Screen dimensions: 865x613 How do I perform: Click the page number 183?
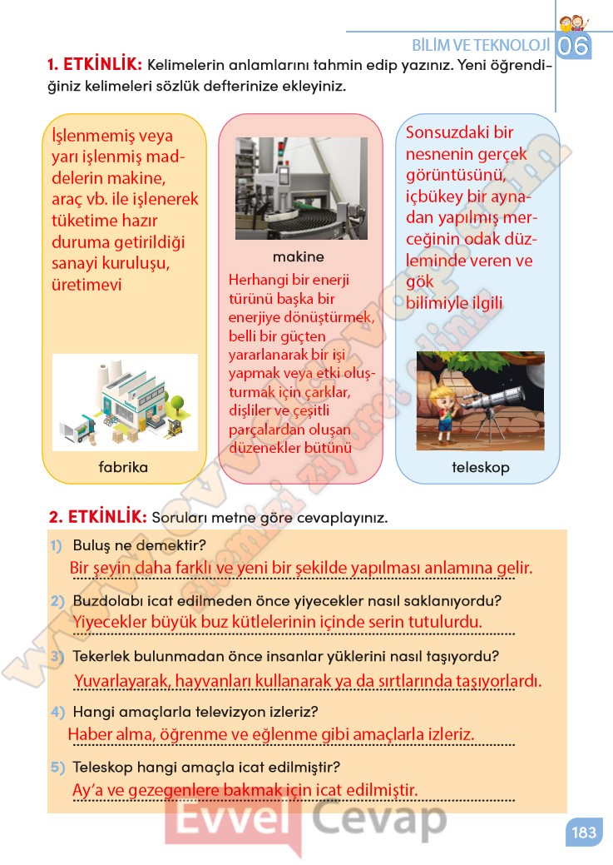(x=584, y=832)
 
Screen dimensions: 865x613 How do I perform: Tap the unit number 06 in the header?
(x=573, y=47)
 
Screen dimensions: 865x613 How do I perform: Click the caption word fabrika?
(x=123, y=467)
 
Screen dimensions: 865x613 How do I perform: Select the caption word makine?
(x=299, y=256)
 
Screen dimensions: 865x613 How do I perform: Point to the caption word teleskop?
(x=480, y=467)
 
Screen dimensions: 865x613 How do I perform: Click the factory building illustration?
(x=125, y=402)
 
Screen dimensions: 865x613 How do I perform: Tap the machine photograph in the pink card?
(x=301, y=188)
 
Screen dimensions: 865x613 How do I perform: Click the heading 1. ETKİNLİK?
(x=96, y=65)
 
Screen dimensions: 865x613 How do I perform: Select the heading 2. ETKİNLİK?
(x=98, y=517)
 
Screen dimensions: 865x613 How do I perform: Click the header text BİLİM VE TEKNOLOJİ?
(x=481, y=45)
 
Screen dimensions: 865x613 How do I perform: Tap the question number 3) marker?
(x=57, y=657)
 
